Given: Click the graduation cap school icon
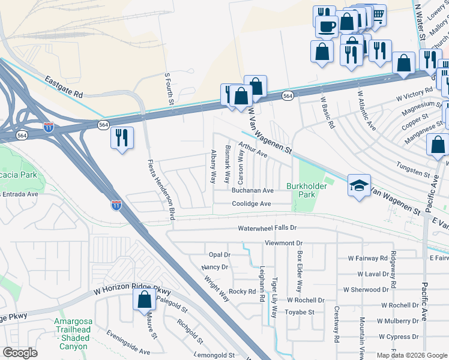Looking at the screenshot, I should [360, 185].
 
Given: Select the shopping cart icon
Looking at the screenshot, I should [378, 14].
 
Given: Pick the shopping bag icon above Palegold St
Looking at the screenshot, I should [144, 299].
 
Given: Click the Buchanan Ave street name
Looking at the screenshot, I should [253, 190].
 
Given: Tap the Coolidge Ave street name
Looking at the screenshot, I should [252, 204].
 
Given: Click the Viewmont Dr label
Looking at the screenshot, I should [283, 243].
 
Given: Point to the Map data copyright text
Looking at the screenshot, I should [411, 355].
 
